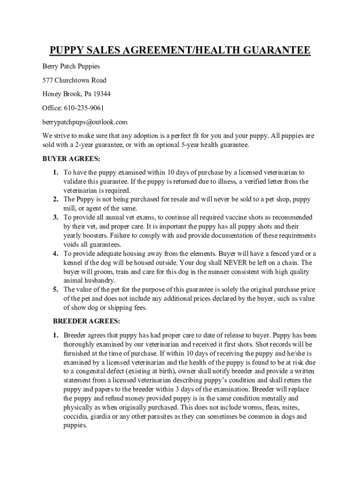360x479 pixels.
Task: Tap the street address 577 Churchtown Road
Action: [x=74, y=80]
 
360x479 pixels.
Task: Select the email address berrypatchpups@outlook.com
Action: [x=85, y=122]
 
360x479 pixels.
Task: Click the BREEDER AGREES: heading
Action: [x=86, y=321]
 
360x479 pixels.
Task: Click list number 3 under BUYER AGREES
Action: [x=55, y=218]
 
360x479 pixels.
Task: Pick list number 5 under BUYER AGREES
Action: [x=55, y=290]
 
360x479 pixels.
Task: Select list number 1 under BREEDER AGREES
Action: [x=55, y=335]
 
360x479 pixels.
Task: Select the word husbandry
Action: [x=99, y=280]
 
